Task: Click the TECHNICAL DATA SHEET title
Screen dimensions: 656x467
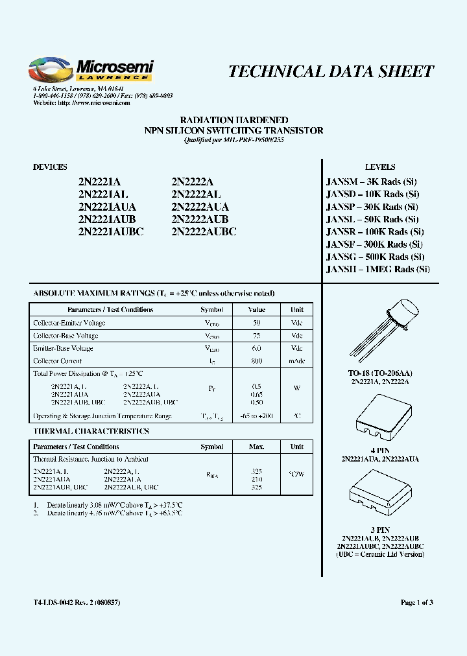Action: tap(331, 71)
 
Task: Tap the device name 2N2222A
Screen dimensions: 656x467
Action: tap(193, 182)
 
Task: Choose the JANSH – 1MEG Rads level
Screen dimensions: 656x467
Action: tap(377, 269)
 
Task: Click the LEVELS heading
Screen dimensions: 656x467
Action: tap(380, 167)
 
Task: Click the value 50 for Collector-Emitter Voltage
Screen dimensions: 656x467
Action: tap(256, 323)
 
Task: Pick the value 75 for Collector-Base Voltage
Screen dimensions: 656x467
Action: tap(256, 336)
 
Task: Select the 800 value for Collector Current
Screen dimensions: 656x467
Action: tap(256, 361)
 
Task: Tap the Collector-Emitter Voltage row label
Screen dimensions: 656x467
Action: tap(69, 323)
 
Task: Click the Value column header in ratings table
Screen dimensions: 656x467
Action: tap(256, 310)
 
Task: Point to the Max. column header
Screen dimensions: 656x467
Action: tap(256, 447)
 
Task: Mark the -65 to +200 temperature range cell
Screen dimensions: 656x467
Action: tap(256, 416)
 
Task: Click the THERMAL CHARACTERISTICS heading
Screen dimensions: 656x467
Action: tap(91, 431)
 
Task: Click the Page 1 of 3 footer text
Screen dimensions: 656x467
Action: tap(416, 603)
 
